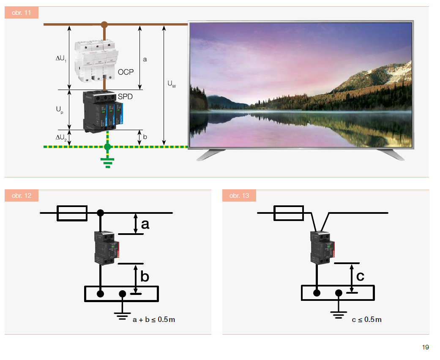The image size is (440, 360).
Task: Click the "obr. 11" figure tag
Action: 22,13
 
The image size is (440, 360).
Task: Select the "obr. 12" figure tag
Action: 22,196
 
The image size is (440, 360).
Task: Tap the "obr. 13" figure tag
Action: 239,196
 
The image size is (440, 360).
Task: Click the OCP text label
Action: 126,72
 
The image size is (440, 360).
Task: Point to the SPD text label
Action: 125,97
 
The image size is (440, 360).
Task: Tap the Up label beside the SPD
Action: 60,109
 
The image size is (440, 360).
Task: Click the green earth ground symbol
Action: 107,161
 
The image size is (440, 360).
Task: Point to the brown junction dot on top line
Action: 104,25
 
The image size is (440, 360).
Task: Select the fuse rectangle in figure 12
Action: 72,213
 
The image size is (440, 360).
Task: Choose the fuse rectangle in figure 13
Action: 289,213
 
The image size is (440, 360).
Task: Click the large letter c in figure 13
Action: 360,276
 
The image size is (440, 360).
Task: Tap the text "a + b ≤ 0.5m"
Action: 154,319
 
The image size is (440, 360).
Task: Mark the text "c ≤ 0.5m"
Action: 366,319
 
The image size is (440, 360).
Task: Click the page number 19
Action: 425,347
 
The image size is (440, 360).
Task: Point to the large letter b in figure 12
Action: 145,277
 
